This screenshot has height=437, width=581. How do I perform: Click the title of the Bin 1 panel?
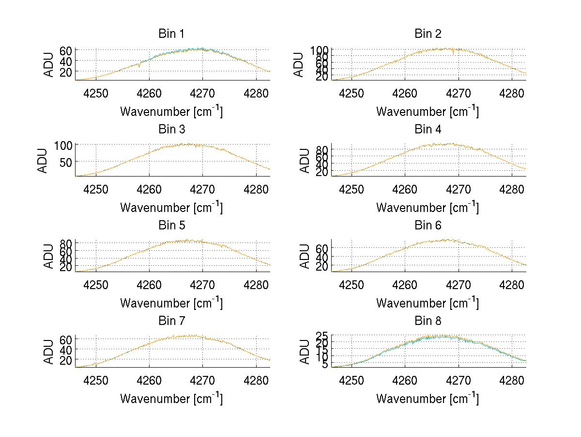[x=171, y=34]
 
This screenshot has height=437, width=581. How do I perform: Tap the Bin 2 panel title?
[x=428, y=34]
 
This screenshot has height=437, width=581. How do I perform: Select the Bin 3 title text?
[x=171, y=129]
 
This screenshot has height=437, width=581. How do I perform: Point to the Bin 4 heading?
[x=428, y=129]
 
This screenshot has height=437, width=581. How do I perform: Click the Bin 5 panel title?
[x=171, y=226]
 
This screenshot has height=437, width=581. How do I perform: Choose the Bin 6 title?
[x=428, y=226]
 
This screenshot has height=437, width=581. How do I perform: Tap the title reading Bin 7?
[x=171, y=321]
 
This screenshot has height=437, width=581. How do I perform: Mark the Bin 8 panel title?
[x=428, y=321]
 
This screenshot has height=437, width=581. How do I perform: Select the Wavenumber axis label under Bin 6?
[x=427, y=303]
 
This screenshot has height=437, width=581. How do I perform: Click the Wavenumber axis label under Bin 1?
[x=171, y=112]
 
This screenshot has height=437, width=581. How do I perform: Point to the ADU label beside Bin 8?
[x=306, y=352]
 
